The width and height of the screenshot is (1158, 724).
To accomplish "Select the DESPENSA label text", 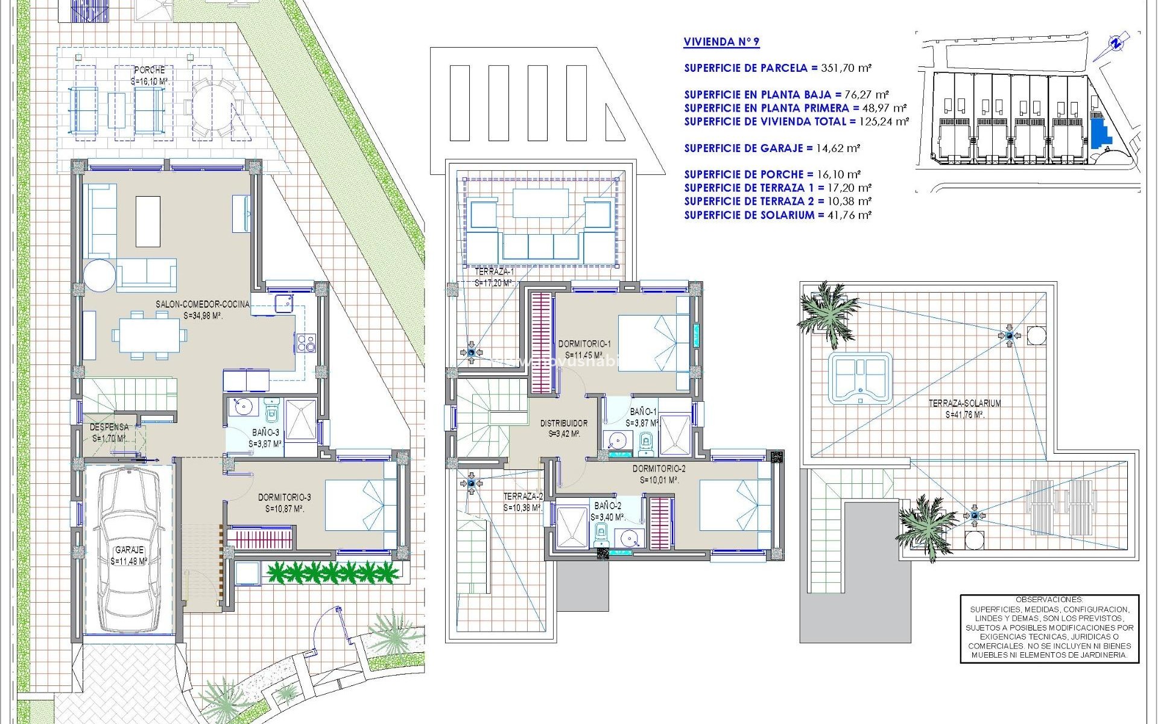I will (x=109, y=427).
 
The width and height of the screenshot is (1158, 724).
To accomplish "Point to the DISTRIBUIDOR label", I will (x=563, y=424).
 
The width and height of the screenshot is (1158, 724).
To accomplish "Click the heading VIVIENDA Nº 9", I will (x=721, y=42).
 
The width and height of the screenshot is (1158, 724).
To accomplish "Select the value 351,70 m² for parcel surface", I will (x=846, y=68).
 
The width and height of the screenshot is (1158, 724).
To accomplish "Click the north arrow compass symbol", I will (x=1116, y=43).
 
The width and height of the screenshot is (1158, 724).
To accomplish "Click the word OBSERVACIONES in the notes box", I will (x=1049, y=600).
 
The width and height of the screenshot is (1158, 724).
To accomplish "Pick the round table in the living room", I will (x=100, y=275).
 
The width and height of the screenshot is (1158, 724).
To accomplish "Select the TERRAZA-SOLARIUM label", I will (x=964, y=404).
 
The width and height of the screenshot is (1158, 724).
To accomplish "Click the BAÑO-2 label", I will (x=607, y=506).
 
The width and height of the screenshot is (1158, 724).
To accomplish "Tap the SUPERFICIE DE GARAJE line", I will (x=772, y=148).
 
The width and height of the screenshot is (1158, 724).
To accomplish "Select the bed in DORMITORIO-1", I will (x=653, y=343).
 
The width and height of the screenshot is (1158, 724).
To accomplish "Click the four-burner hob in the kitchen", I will (x=306, y=342).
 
